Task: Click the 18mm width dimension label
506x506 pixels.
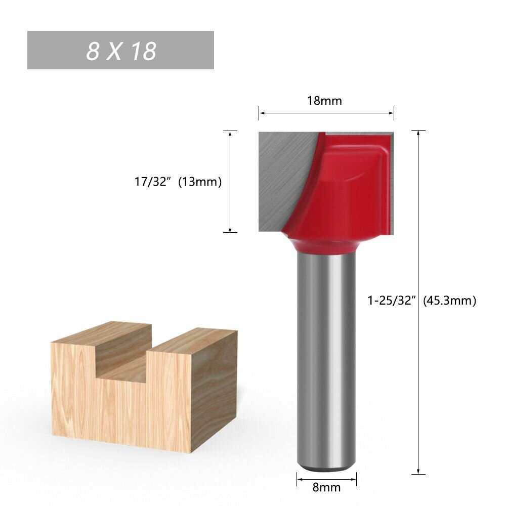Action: coord(324,101)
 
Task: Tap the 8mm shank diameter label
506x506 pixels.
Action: coord(326,487)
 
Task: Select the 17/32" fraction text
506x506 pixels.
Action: coord(152,182)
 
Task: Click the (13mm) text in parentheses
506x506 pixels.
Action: coord(200,182)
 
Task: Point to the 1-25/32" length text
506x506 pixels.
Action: coord(391,301)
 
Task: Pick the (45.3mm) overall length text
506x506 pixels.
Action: coord(449,301)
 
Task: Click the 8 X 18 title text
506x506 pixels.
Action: coord(121,51)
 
